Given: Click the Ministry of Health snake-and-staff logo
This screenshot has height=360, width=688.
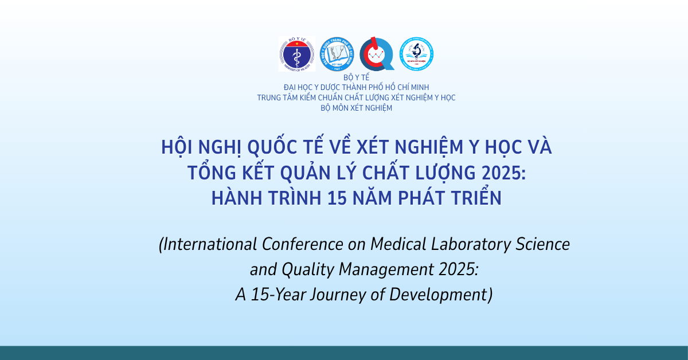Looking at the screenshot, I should coord(296,54).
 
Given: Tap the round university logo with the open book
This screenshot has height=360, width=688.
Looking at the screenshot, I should coord(337,54).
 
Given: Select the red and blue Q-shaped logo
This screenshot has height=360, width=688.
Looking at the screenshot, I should coord(376,54).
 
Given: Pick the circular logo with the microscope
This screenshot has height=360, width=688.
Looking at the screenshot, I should coord(416,54).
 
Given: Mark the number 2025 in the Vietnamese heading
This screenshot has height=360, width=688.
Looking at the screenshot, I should coord(497,173).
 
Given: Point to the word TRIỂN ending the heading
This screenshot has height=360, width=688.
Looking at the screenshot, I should coord(472,198).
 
